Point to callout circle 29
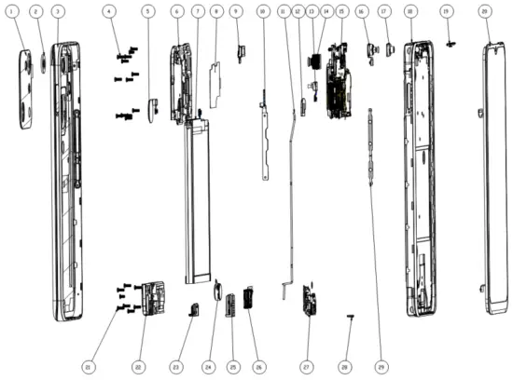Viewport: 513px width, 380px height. (x=381, y=366)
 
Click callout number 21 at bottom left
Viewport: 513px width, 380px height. (x=88, y=366)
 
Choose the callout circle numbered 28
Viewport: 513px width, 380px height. (x=345, y=366)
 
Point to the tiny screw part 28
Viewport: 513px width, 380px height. (x=349, y=317)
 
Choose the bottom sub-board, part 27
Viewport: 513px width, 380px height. (x=307, y=300)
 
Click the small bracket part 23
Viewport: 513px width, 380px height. (x=194, y=309)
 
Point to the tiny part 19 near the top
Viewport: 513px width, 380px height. (x=451, y=43)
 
